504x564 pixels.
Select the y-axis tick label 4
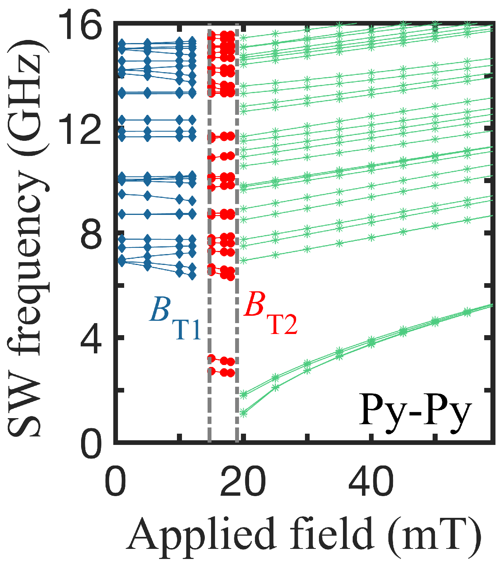[x=92, y=338]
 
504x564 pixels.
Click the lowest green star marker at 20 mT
[x=244, y=413]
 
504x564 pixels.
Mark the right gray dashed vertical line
[x=237, y=233]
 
